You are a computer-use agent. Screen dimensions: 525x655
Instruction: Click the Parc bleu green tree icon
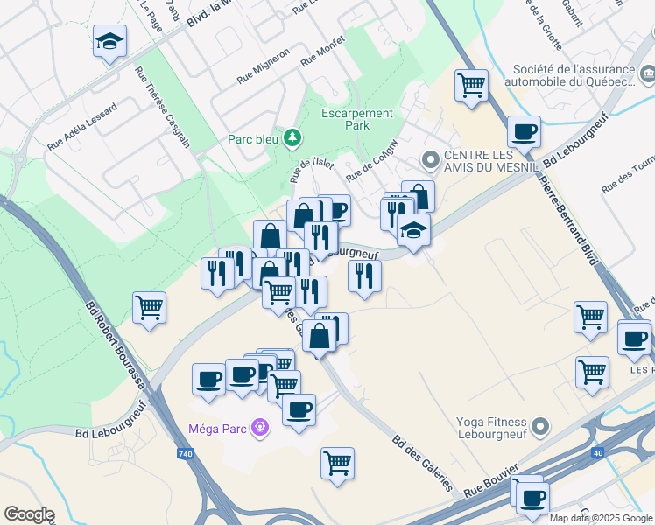[x=292, y=138]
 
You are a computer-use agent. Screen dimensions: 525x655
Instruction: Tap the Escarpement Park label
[x=356, y=119]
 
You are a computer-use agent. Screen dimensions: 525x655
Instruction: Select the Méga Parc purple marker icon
[x=259, y=428]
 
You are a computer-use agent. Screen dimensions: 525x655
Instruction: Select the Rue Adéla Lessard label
[x=82, y=126]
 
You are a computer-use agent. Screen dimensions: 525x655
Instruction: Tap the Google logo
[x=28, y=514]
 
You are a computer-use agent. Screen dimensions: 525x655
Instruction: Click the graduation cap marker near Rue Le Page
[x=110, y=41]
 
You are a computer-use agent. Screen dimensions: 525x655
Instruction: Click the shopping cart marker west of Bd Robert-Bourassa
[x=149, y=308]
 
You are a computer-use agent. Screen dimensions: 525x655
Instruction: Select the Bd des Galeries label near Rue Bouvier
[x=419, y=463]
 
